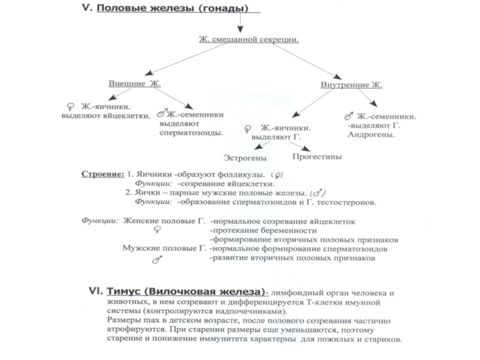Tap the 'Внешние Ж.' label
pos(135,83)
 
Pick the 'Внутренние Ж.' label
pos(351,86)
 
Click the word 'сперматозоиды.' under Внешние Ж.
pos(191,132)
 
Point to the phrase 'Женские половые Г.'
pos(164,221)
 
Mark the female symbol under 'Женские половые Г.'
pos(157,230)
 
